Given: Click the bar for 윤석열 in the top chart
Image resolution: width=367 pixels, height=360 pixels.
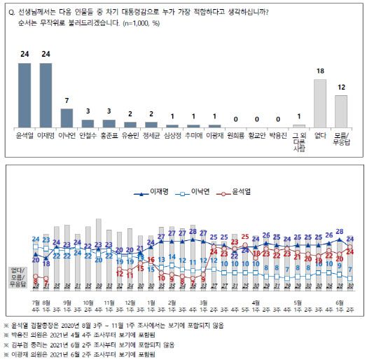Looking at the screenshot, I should pyautogui.click(x=25, y=95).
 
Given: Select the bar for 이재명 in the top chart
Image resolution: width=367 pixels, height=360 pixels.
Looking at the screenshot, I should pyautogui.click(x=46, y=95).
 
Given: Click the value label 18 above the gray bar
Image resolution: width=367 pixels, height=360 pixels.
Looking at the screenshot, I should pyautogui.click(x=320, y=72).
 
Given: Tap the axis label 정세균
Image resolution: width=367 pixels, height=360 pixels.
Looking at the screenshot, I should pyautogui.click(x=151, y=133).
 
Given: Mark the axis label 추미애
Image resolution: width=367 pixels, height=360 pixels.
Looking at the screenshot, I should pyautogui.click(x=193, y=133).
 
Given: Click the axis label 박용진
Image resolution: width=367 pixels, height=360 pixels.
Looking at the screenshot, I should pyautogui.click(x=278, y=133).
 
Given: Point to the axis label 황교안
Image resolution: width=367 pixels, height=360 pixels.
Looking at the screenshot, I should pyautogui.click(x=257, y=133).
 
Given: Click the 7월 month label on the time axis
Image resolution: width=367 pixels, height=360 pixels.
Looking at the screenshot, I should pyautogui.click(x=36, y=303).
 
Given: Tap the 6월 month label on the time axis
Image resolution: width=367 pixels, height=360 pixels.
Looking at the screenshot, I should pyautogui.click(x=340, y=303).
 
